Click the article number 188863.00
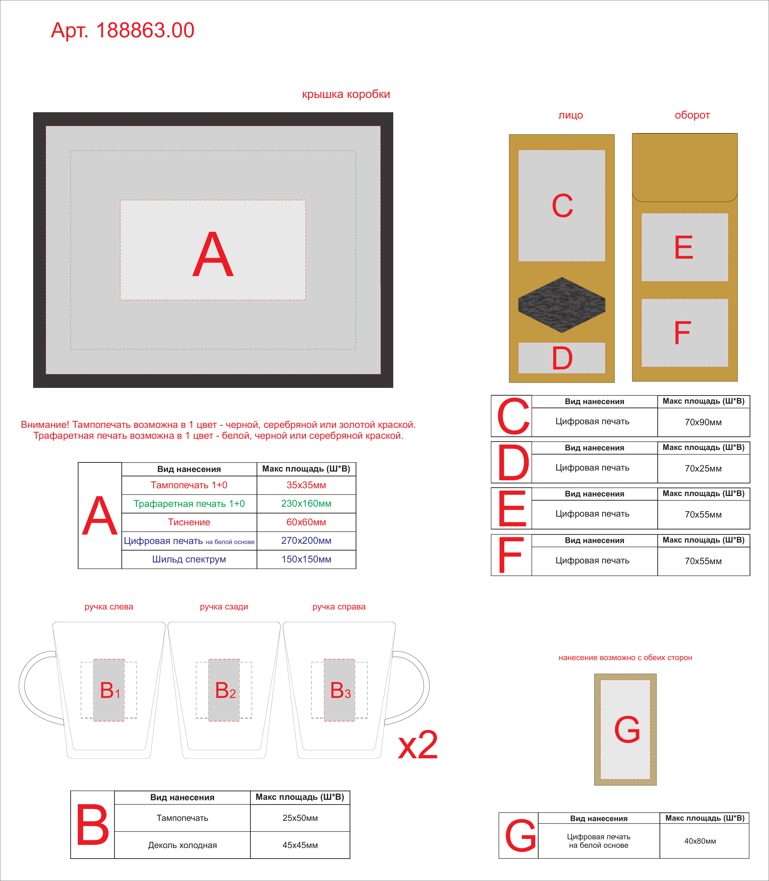pos(145,30)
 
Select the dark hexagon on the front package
pos(562,305)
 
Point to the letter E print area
pos(684,247)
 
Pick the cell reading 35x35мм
pos(306,485)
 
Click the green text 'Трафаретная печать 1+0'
pos(189,504)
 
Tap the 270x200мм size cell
pos(306,541)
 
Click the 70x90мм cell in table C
pos(703,422)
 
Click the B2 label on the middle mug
pos(225,691)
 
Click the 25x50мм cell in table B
pos(300,818)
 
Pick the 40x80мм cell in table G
pos(700,841)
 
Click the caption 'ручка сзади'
pos(224,607)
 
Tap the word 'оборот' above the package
pos(692,115)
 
